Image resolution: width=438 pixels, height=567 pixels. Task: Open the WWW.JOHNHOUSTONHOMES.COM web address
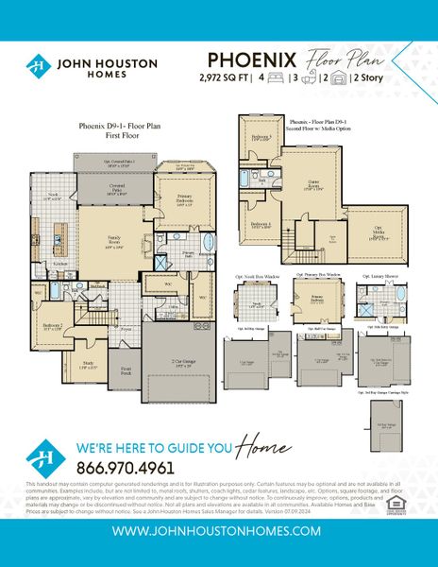218,532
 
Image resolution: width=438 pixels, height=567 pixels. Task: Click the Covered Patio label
114,190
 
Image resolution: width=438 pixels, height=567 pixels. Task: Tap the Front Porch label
127,371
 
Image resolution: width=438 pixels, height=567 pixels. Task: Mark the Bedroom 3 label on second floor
261,138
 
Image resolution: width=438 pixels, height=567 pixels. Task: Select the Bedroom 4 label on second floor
261,224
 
